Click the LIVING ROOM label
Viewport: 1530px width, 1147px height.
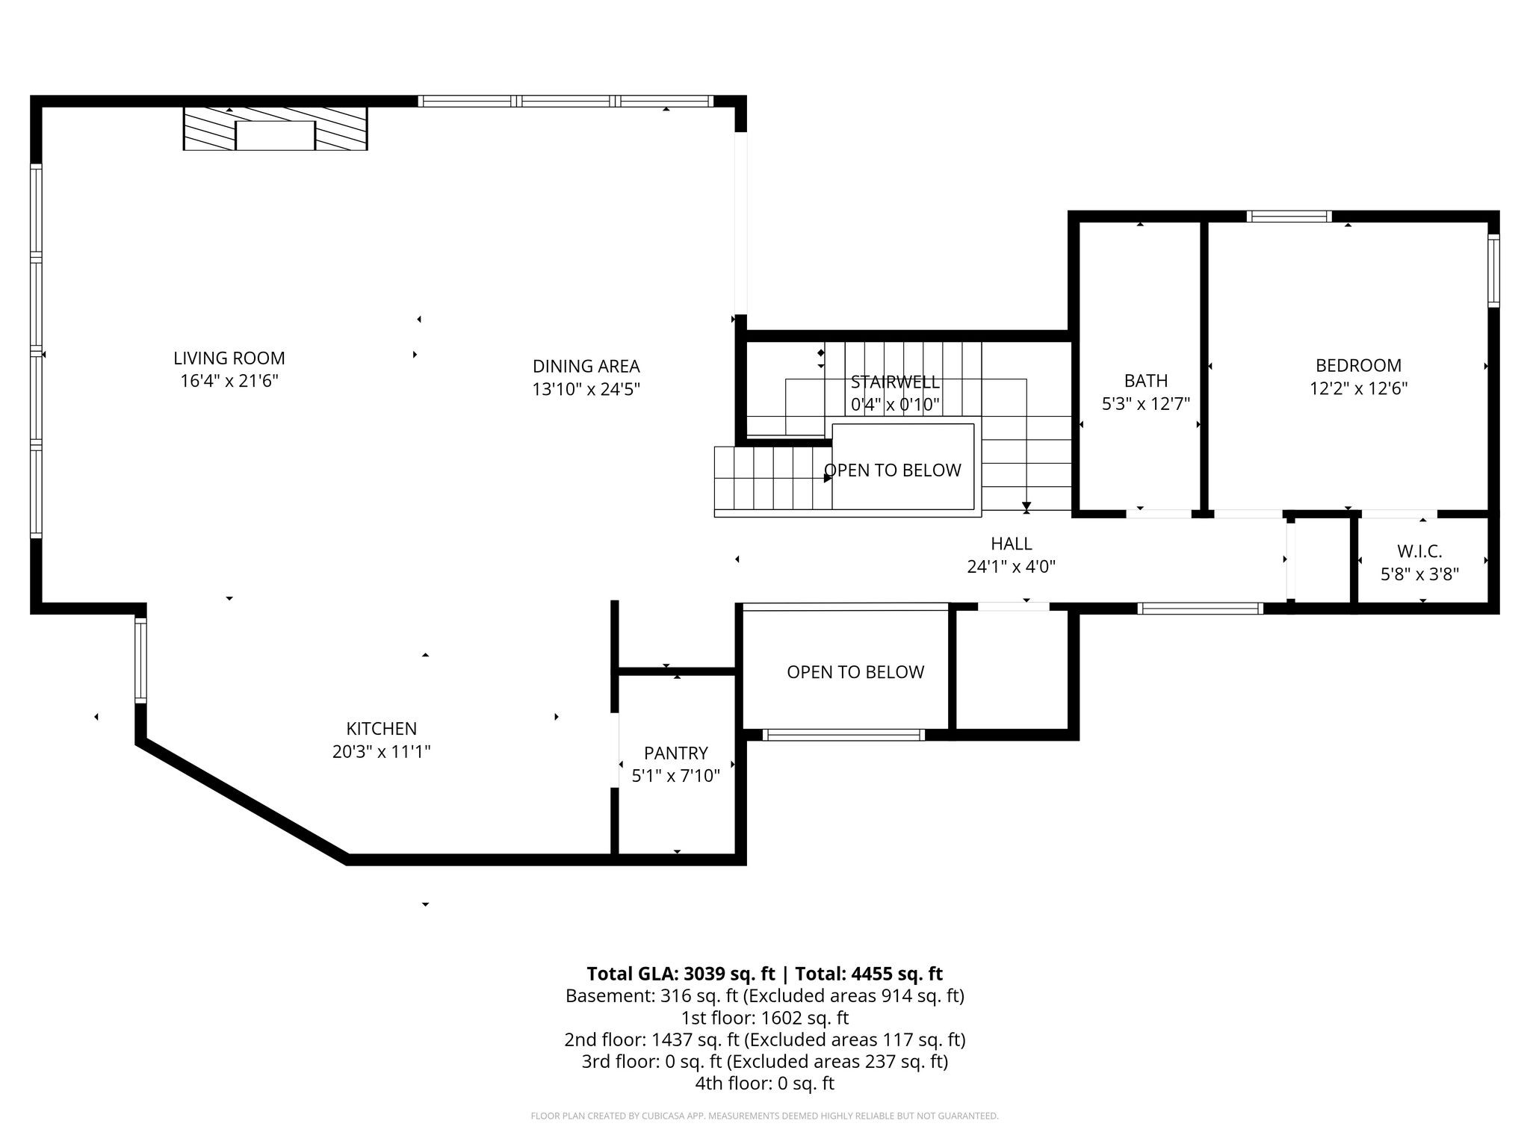coord(229,358)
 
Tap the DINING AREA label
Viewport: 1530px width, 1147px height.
coord(586,367)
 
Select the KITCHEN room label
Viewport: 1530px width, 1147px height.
coord(382,729)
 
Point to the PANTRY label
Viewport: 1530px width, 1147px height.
coord(676,753)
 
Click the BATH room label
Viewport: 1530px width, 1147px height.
coord(1146,381)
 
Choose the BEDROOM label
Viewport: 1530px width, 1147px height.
coord(1359,366)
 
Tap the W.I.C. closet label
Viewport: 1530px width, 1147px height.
coord(1419,552)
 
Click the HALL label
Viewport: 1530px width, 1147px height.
coord(1012,544)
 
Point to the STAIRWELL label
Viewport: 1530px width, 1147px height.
coord(895,382)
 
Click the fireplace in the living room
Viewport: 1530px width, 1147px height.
coord(276,128)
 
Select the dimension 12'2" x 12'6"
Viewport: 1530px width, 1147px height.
coord(1359,389)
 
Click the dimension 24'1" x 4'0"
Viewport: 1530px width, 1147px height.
coord(1012,567)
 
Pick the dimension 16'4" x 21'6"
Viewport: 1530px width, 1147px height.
coord(229,382)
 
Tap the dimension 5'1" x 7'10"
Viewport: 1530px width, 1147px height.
coord(676,776)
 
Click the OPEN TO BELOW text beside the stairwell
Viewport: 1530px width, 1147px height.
coord(893,470)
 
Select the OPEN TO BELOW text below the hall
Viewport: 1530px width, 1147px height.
coord(855,672)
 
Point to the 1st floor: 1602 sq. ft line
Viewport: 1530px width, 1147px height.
coord(765,1018)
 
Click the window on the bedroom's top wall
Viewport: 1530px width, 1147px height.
coord(1289,217)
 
